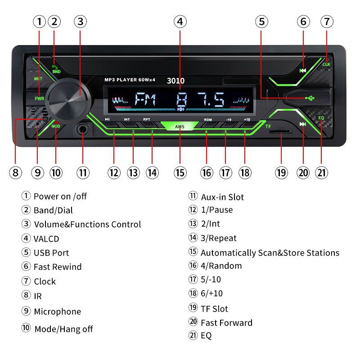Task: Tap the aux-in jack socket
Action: [x=83, y=130]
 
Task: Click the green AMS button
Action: [x=180, y=126]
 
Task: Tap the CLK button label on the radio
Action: [x=326, y=64]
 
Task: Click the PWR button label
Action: [x=39, y=98]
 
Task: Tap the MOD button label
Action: [x=55, y=126]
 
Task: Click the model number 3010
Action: [x=175, y=81]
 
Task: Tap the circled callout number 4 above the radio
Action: [x=180, y=21]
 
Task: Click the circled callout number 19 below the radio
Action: [x=281, y=172]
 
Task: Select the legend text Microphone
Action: [x=57, y=311]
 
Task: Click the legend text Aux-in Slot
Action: [x=222, y=197]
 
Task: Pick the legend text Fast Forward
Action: [x=226, y=322]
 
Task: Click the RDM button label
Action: [x=207, y=120]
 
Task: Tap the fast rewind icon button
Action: [x=303, y=70]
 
